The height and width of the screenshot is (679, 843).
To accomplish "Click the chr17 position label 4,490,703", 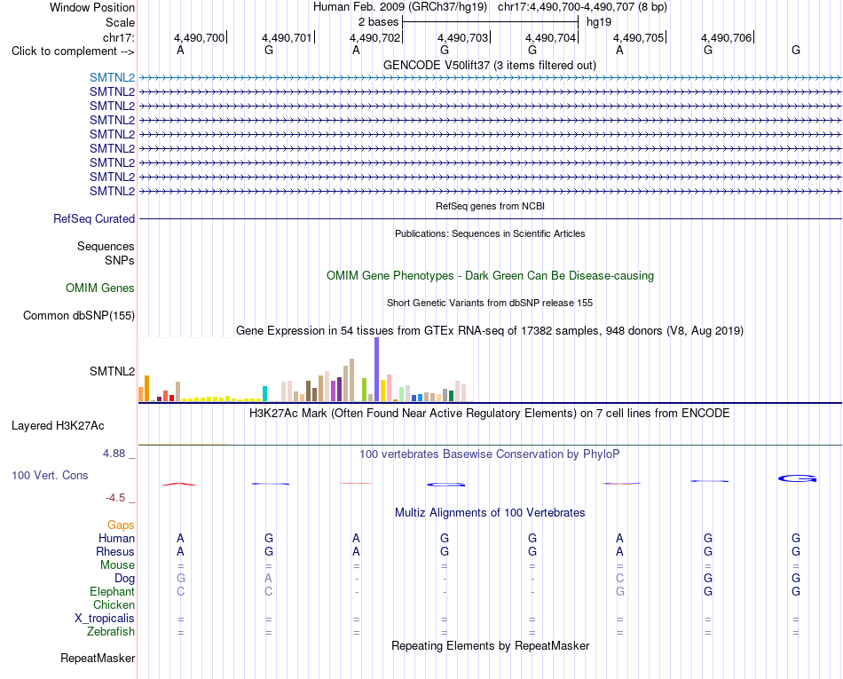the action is (462, 37).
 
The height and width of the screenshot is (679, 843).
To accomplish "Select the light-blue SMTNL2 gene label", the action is (113, 77).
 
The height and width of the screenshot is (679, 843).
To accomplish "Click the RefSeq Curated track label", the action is (94, 219).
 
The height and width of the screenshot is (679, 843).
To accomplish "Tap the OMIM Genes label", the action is (100, 288).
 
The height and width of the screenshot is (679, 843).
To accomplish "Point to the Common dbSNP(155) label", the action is (79, 316).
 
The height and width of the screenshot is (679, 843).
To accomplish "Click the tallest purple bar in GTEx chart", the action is (377, 369).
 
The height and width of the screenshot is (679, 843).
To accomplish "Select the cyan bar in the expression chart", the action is (264, 393).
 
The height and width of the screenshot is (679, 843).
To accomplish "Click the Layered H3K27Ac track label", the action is (58, 426).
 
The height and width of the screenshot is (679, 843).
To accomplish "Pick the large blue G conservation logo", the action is (798, 478).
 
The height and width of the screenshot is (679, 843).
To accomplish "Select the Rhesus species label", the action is (115, 551).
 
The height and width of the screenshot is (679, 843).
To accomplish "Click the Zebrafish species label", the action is (111, 632).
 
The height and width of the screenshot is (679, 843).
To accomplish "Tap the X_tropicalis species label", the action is (105, 619).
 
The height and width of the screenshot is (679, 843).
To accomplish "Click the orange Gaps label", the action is (121, 525).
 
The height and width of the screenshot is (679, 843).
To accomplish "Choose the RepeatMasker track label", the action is (98, 658).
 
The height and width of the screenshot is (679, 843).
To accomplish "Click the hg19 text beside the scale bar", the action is (599, 22).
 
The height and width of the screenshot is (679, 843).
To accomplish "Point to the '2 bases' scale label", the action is (379, 22).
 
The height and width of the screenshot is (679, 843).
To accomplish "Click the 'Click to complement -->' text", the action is (73, 51).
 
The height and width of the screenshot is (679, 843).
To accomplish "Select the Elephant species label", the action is (113, 592).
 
